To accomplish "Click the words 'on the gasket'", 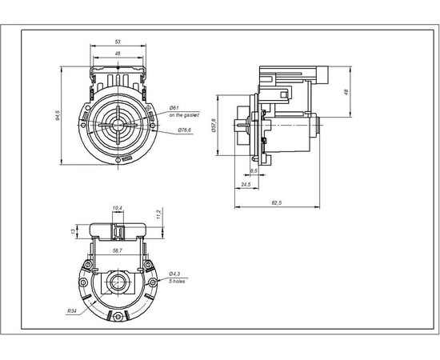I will tap(184, 116).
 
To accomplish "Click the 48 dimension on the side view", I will tap(346, 91).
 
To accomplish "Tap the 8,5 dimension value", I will tap(254, 171).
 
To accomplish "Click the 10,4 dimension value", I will tap(118, 209).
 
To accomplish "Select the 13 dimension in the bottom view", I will tap(73, 231).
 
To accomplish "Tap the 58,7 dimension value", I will tap(118, 250).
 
